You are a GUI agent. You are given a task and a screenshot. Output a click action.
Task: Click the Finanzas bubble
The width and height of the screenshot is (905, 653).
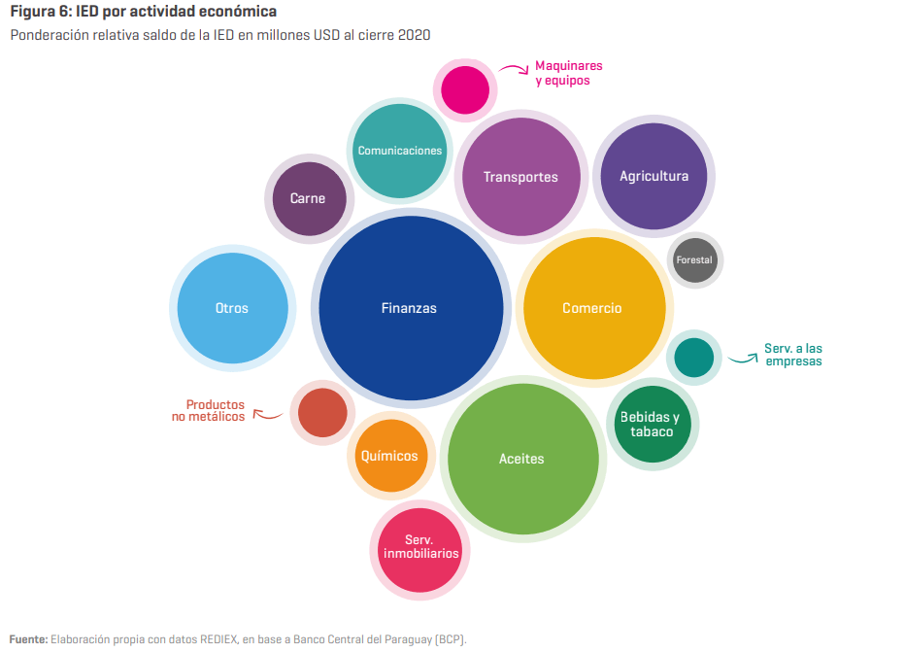click(411, 308)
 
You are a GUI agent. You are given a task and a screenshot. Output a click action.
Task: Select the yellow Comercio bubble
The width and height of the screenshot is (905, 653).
click(594, 308)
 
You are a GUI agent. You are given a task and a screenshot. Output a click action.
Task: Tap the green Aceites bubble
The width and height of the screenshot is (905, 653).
click(523, 459)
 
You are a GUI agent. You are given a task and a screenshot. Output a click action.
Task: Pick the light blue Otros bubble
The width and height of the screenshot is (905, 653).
click(233, 308)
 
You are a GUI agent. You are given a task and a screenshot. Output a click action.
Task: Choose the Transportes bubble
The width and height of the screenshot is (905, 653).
click(521, 177)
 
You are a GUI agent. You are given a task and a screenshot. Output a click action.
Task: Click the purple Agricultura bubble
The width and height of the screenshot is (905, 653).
click(654, 176)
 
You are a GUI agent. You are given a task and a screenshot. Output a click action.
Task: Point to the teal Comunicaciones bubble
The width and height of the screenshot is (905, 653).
click(399, 151)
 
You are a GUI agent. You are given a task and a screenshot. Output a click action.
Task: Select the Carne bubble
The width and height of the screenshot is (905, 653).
click(310, 198)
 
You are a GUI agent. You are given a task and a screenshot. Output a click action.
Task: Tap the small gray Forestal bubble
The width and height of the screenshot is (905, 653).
click(695, 260)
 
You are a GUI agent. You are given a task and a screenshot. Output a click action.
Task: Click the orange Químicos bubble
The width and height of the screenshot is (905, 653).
click(390, 456)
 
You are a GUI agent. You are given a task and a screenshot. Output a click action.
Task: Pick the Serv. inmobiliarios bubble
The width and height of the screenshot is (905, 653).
click(419, 550)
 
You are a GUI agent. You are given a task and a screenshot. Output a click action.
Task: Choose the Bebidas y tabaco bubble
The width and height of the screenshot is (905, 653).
click(653, 424)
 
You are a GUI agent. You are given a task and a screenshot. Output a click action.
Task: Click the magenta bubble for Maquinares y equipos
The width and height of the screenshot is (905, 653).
click(465, 90)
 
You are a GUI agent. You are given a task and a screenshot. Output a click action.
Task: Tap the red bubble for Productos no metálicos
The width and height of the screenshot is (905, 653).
click(322, 413)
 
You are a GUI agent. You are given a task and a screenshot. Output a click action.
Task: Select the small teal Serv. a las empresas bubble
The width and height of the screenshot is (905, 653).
click(693, 358)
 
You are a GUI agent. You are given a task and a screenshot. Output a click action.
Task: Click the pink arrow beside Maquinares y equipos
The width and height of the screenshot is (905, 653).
click(515, 68)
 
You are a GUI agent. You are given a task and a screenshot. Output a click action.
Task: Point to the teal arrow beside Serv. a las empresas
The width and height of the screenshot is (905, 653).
click(744, 359)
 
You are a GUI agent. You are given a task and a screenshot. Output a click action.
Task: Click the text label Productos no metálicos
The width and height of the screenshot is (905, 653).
click(209, 410)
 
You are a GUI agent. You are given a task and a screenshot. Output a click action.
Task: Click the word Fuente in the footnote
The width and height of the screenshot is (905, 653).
click(28, 639)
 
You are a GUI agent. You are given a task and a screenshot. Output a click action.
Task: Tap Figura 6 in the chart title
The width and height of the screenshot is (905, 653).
click(41, 12)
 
